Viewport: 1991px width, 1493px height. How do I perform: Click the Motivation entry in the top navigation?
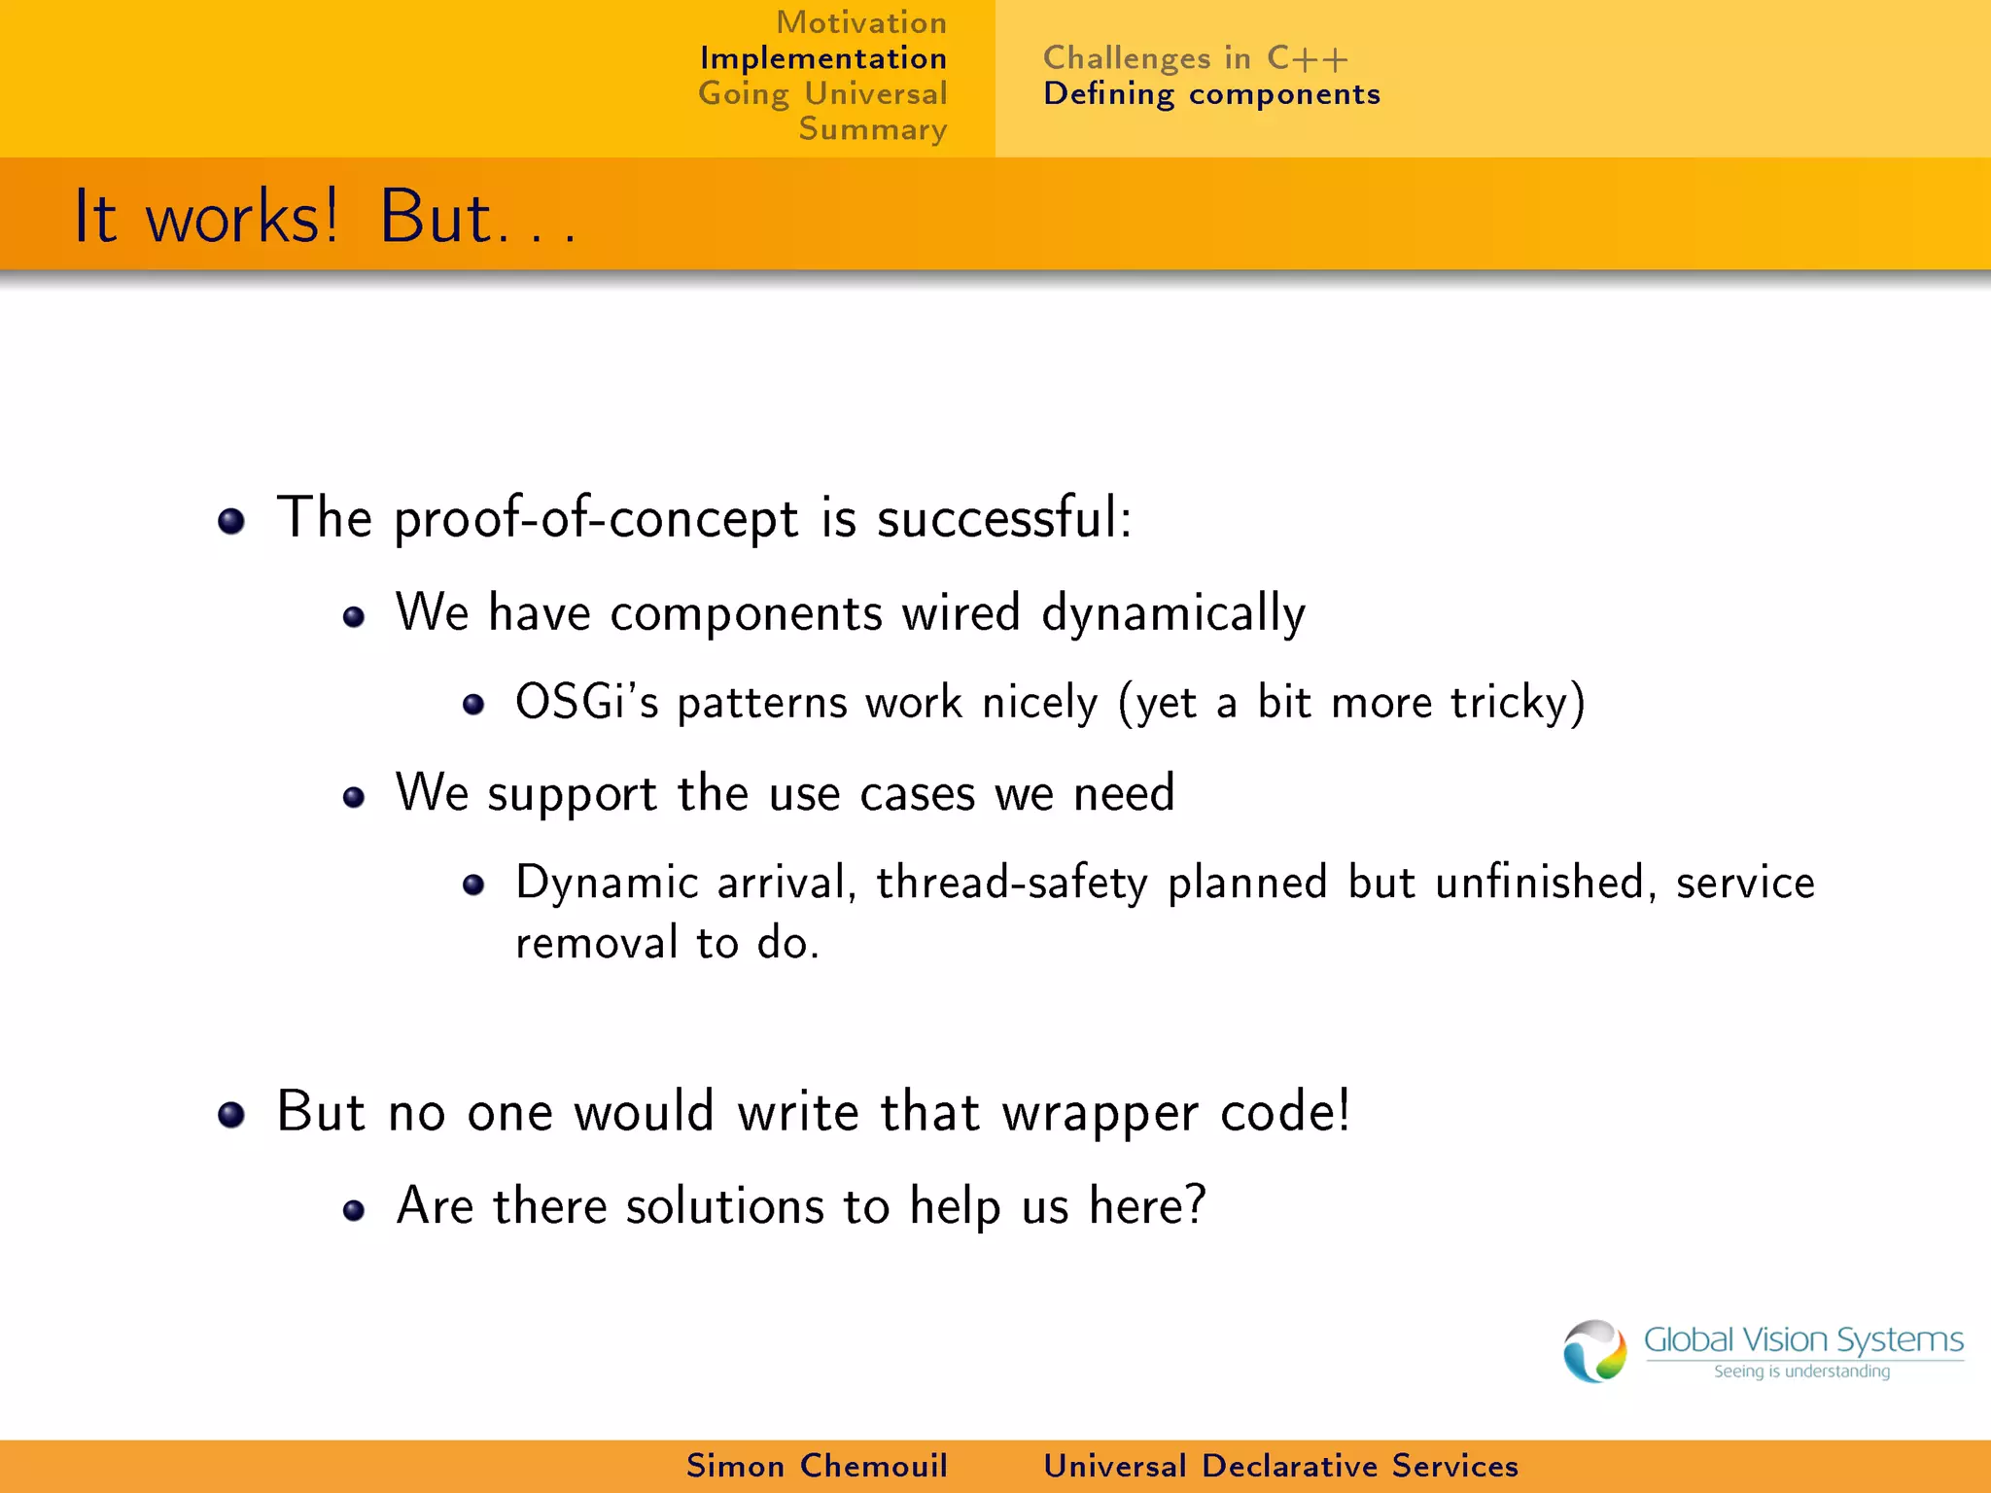pos(860,22)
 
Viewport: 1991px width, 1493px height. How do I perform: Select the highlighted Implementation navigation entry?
pos(822,58)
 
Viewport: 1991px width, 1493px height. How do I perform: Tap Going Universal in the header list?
pos(822,94)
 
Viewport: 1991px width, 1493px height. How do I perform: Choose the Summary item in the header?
pos(872,129)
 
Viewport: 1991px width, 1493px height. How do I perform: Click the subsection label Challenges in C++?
pos(1195,58)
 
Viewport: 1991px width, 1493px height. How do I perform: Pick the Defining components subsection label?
pos(1211,94)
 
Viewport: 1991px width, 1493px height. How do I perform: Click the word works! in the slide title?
pos(242,218)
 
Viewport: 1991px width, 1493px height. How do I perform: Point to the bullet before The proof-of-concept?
pos(231,522)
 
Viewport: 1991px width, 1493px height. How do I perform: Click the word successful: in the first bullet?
pos(1004,517)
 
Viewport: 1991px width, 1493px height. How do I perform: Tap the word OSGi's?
pos(586,702)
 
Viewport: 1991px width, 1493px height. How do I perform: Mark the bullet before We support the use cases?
pos(354,798)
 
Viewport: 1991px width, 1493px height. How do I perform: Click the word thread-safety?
pos(1011,883)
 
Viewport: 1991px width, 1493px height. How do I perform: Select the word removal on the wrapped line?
pos(596,943)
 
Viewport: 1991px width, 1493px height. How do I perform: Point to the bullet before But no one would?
pos(231,1115)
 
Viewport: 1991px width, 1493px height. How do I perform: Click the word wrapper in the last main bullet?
pos(1100,1112)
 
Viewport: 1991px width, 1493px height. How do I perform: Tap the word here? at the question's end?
pos(1147,1206)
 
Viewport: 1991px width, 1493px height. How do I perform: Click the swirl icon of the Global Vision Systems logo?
pos(1593,1350)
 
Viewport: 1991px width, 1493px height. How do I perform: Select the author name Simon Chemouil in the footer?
pos(817,1466)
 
